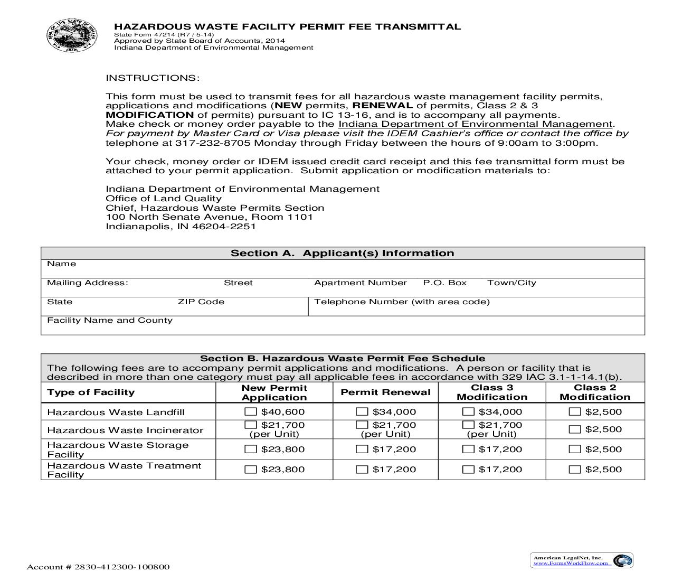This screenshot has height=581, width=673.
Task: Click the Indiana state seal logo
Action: (x=72, y=35)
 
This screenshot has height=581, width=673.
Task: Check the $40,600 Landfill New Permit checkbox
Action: (x=251, y=412)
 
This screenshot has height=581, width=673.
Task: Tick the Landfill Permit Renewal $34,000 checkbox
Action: (x=362, y=412)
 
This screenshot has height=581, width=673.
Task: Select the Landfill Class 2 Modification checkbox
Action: (x=575, y=412)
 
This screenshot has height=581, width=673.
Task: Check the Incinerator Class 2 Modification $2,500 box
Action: (x=575, y=429)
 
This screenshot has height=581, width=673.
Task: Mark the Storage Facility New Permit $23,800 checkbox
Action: (x=251, y=449)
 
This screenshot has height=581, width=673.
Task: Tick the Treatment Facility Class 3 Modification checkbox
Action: (x=468, y=470)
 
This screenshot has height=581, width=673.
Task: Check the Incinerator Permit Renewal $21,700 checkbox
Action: (x=362, y=425)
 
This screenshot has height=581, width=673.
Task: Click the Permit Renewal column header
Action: (x=385, y=392)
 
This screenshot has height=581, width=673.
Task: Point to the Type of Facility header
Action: (x=91, y=392)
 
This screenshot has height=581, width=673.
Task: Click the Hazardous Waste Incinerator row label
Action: (x=125, y=430)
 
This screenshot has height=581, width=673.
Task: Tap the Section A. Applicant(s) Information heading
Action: (x=342, y=253)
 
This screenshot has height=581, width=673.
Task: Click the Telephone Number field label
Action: (x=402, y=302)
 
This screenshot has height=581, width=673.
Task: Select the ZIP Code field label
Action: (x=201, y=302)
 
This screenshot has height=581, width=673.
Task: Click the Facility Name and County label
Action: (x=110, y=320)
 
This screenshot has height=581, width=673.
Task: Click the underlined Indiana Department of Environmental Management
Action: (x=475, y=124)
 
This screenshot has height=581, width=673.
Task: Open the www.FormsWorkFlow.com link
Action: (x=571, y=563)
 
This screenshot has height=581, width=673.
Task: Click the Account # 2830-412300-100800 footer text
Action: (x=98, y=567)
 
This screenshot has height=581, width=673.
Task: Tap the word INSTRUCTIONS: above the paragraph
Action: (x=153, y=78)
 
